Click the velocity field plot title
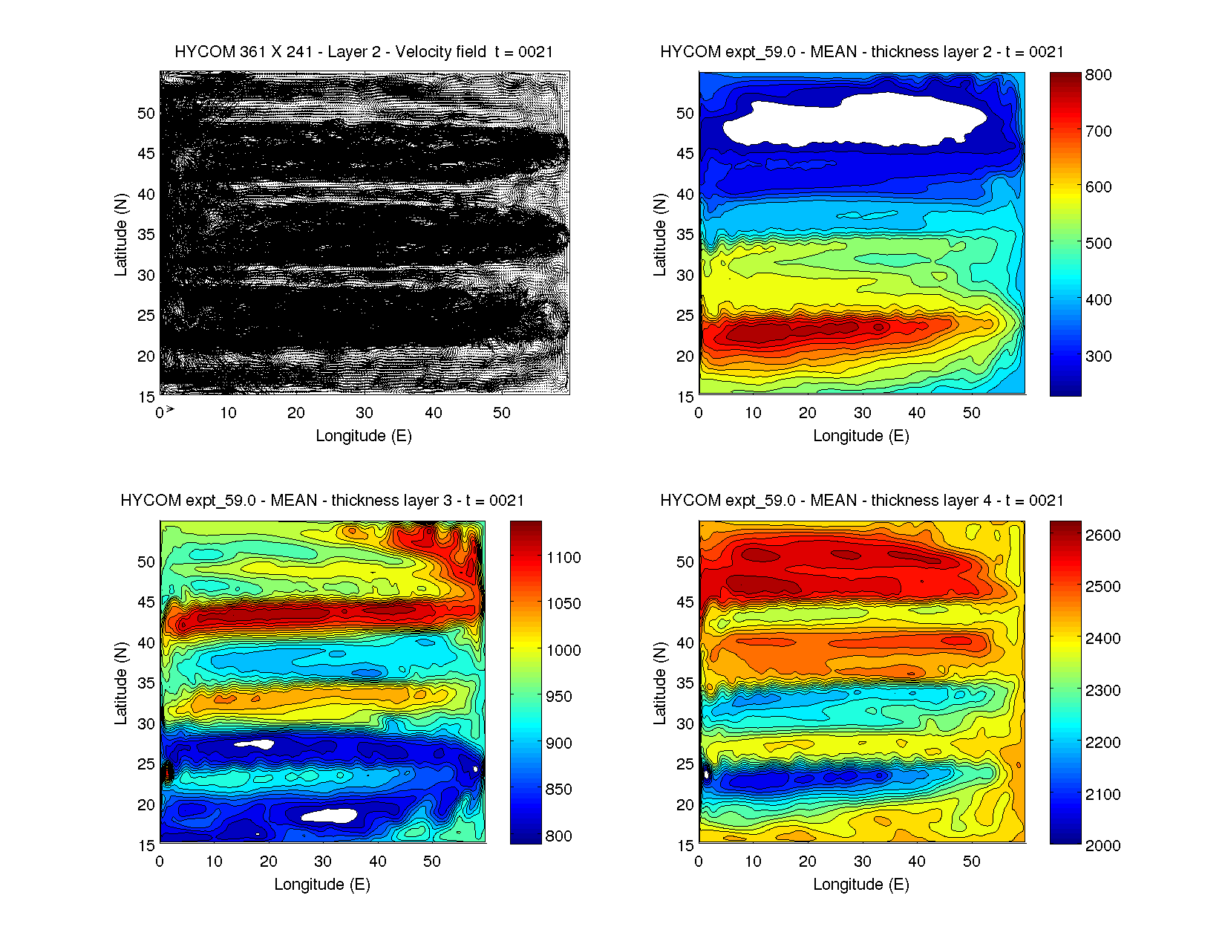click(364, 52)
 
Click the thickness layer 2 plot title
click(861, 52)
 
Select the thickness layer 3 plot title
click(322, 501)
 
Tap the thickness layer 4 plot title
click(861, 501)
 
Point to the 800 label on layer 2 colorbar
click(1098, 75)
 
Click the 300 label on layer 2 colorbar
click(1098, 357)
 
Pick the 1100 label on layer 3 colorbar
click(563, 558)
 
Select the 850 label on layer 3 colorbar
click(558, 790)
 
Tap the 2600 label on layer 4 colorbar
click(1102, 536)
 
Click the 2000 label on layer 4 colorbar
click(1102, 845)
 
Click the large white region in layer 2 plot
click(854, 119)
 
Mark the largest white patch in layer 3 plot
click(329, 816)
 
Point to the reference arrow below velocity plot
click(170, 409)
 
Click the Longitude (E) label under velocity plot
click(364, 436)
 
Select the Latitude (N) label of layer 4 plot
click(659, 683)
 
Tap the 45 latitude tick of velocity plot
click(146, 154)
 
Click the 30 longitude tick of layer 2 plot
click(862, 413)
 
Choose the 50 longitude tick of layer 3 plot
click(432, 862)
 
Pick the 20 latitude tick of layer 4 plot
click(685, 805)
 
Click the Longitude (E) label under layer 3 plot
click(322, 885)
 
